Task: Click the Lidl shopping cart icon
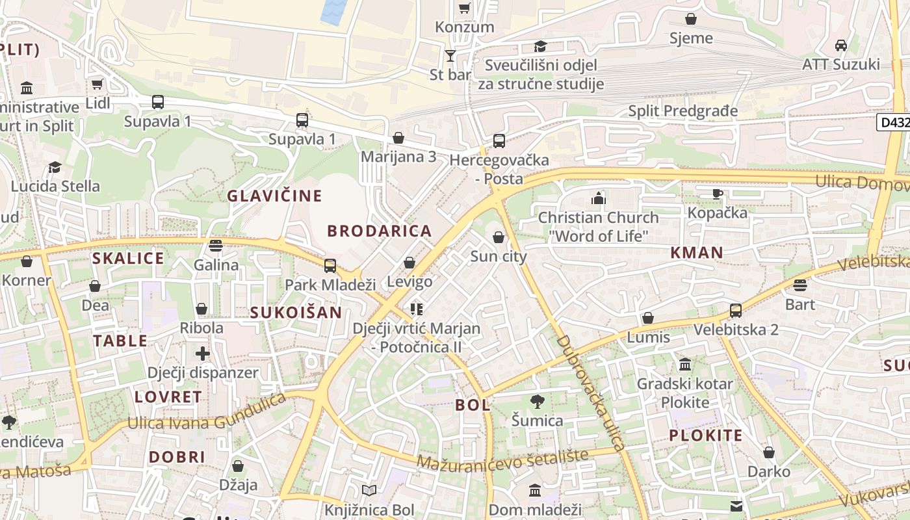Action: pyautogui.click(x=97, y=84)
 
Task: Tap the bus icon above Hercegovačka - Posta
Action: pyautogui.click(x=499, y=140)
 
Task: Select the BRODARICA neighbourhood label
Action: pyautogui.click(x=380, y=231)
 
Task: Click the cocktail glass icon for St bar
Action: pyautogui.click(x=450, y=55)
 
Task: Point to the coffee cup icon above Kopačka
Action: pyautogui.click(x=717, y=194)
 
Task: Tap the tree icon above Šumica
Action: pyautogui.click(x=537, y=402)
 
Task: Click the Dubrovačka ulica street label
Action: pyautogui.click(x=590, y=393)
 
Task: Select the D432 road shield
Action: pyautogui.click(x=893, y=122)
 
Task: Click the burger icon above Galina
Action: pyautogui.click(x=216, y=246)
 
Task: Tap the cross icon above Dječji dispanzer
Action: pyautogui.click(x=203, y=354)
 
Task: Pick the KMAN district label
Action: pyautogui.click(x=697, y=253)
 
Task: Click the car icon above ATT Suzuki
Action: pyautogui.click(x=840, y=45)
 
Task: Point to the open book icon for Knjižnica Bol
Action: pyautogui.click(x=369, y=491)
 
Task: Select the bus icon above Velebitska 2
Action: pyautogui.click(x=736, y=311)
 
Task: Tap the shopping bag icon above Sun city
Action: pyautogui.click(x=499, y=237)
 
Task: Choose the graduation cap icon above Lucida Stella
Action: pyautogui.click(x=55, y=167)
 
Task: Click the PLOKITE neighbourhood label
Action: pyautogui.click(x=705, y=435)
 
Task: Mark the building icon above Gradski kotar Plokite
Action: pyautogui.click(x=684, y=364)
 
